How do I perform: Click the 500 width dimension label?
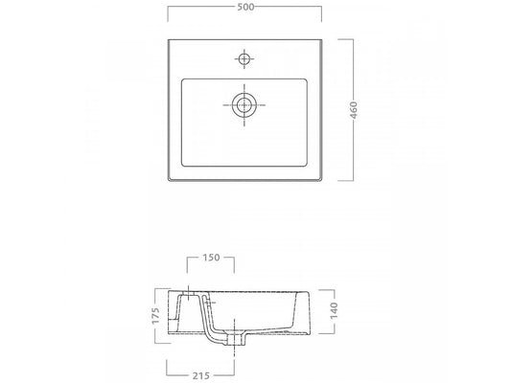coord(245,7)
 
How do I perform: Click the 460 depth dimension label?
coord(354,110)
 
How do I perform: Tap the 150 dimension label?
coord(211,258)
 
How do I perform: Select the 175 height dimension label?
coord(155,316)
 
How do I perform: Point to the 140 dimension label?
coord(334,310)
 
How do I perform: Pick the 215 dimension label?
coord(200,376)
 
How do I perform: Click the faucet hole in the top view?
coord(244,59)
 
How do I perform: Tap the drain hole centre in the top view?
coord(244,105)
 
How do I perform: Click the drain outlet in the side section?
coord(235,338)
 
